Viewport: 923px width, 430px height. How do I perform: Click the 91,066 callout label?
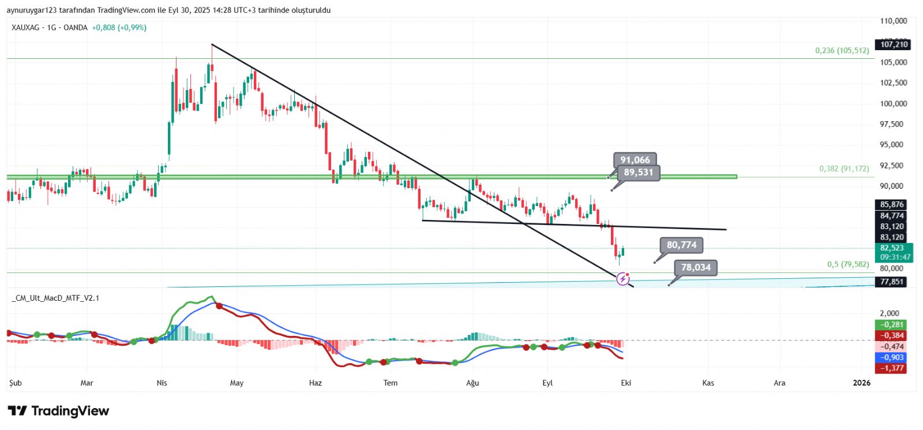tap(635, 160)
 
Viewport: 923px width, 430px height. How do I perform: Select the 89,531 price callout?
tap(638, 172)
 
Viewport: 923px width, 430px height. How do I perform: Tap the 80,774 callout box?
tap(681, 245)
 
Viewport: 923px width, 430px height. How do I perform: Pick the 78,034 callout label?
tap(696, 267)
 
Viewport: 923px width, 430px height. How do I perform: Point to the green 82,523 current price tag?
tap(892, 248)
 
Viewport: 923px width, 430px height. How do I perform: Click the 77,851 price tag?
tap(892, 282)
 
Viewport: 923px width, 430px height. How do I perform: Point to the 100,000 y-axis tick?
tap(893, 104)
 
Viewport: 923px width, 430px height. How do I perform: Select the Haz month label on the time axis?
tap(315, 383)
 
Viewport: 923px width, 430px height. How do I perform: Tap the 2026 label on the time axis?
tap(861, 383)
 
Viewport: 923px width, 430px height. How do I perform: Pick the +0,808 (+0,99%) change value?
tap(119, 28)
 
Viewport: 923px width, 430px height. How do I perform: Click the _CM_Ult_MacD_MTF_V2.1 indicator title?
tap(55, 298)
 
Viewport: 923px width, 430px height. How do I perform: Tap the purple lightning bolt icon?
tap(623, 279)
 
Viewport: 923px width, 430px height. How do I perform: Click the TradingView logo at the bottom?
tap(58, 411)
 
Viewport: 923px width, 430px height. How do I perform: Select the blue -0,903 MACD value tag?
tap(892, 357)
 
